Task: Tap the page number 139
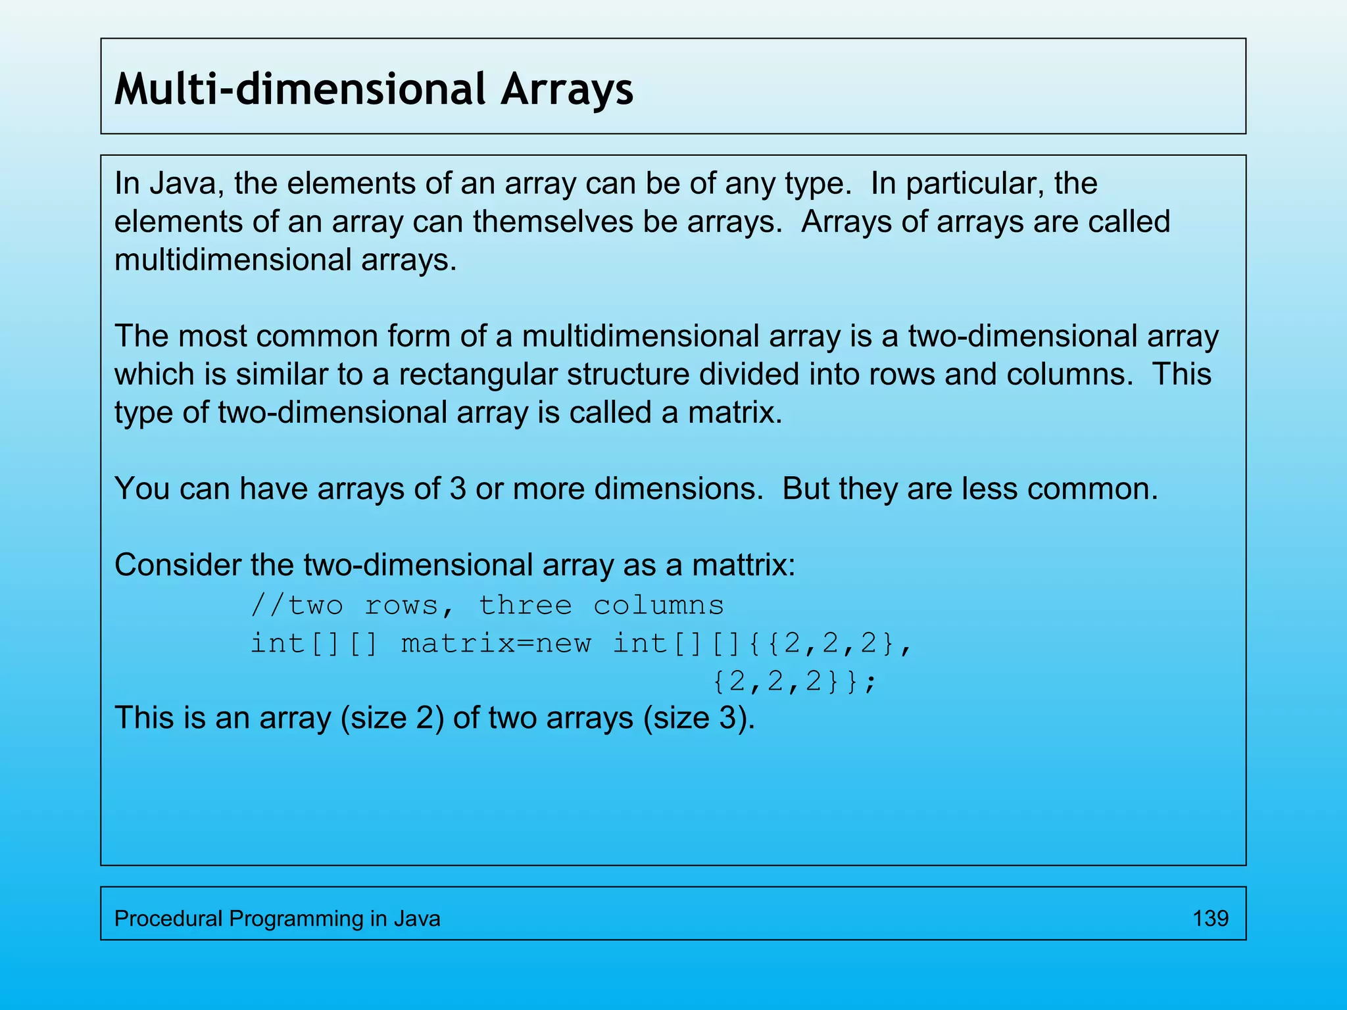tap(1210, 918)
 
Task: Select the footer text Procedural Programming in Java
tap(277, 918)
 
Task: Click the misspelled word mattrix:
tap(743, 565)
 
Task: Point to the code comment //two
tap(297, 606)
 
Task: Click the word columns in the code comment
tap(658, 606)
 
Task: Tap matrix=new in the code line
tap(496, 644)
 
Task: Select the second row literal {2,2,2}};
tap(795, 682)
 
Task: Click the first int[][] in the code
tap(314, 644)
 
